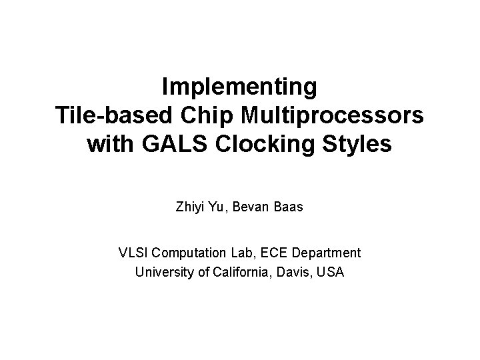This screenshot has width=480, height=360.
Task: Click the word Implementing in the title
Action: click(239, 87)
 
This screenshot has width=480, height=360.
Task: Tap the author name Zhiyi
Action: click(191, 207)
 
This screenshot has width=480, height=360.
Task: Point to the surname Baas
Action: click(289, 207)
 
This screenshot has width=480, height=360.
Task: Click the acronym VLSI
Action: click(132, 253)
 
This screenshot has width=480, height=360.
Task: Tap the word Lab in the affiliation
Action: click(235, 253)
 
